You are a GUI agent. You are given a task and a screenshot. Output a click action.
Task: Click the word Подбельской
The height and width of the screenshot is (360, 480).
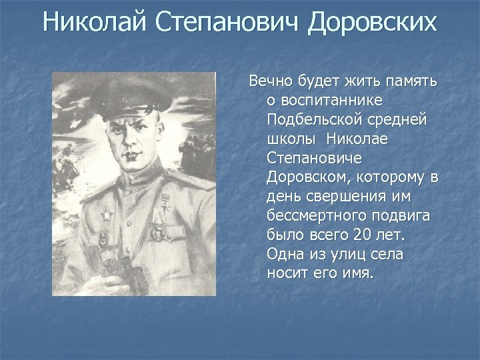(307, 120)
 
